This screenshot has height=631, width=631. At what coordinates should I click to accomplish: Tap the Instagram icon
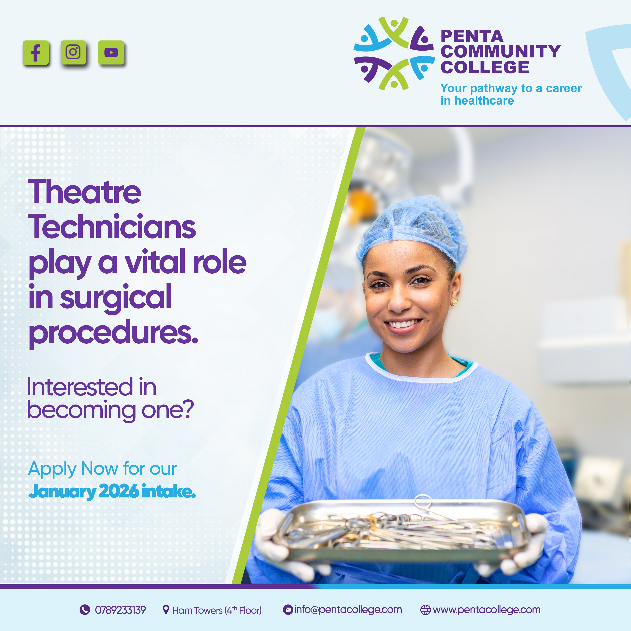pos(73,52)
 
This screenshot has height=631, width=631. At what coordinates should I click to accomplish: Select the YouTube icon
pos(111,52)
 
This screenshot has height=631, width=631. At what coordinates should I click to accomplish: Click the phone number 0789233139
pos(120,610)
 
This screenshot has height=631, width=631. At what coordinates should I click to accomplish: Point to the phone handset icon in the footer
pos(85,609)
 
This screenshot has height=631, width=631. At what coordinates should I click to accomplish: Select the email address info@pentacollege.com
pos(348,609)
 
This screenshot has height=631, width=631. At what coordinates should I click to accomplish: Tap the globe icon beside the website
pos(425,610)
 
